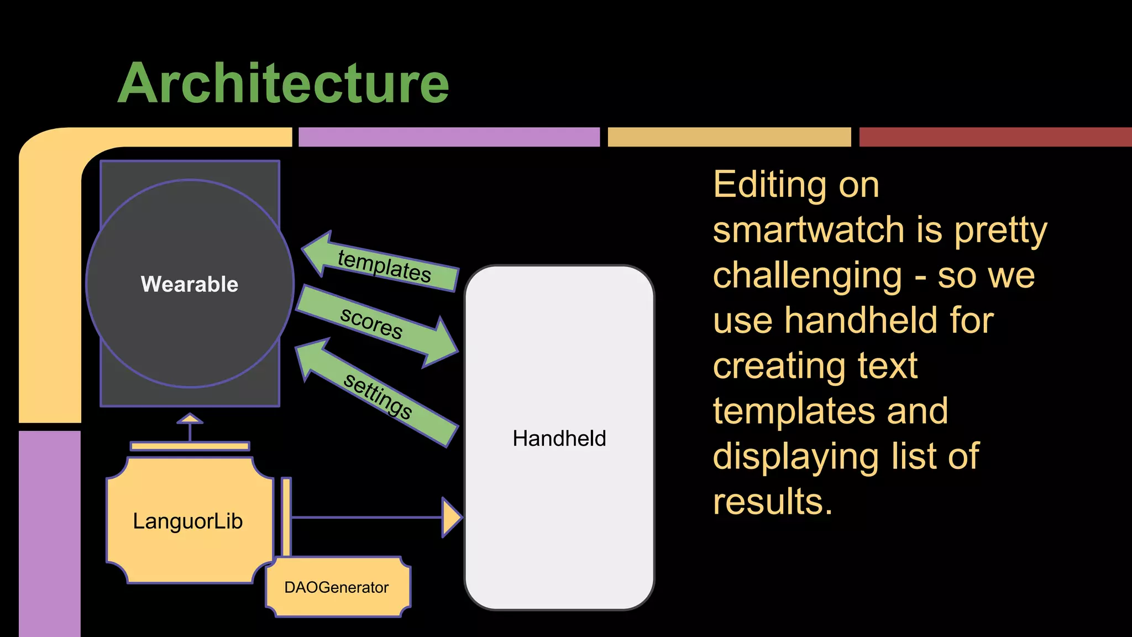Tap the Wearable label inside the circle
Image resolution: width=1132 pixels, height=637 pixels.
pos(190,284)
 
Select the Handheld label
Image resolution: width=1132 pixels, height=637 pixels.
pos(559,438)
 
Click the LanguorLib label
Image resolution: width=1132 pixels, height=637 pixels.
pos(188,521)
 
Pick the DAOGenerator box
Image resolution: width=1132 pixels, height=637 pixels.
pos(337,587)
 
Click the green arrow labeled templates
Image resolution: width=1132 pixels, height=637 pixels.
pos(381,264)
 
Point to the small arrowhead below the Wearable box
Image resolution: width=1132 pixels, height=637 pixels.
pos(190,419)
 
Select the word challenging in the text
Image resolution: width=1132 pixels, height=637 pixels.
pos(808,275)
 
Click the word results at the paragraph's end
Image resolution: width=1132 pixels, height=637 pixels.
pos(772,502)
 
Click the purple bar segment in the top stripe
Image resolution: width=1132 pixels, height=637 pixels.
pos(449,137)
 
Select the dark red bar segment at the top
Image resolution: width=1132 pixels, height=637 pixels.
pos(995,137)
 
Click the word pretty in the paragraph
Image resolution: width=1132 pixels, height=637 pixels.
pos(1000,229)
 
